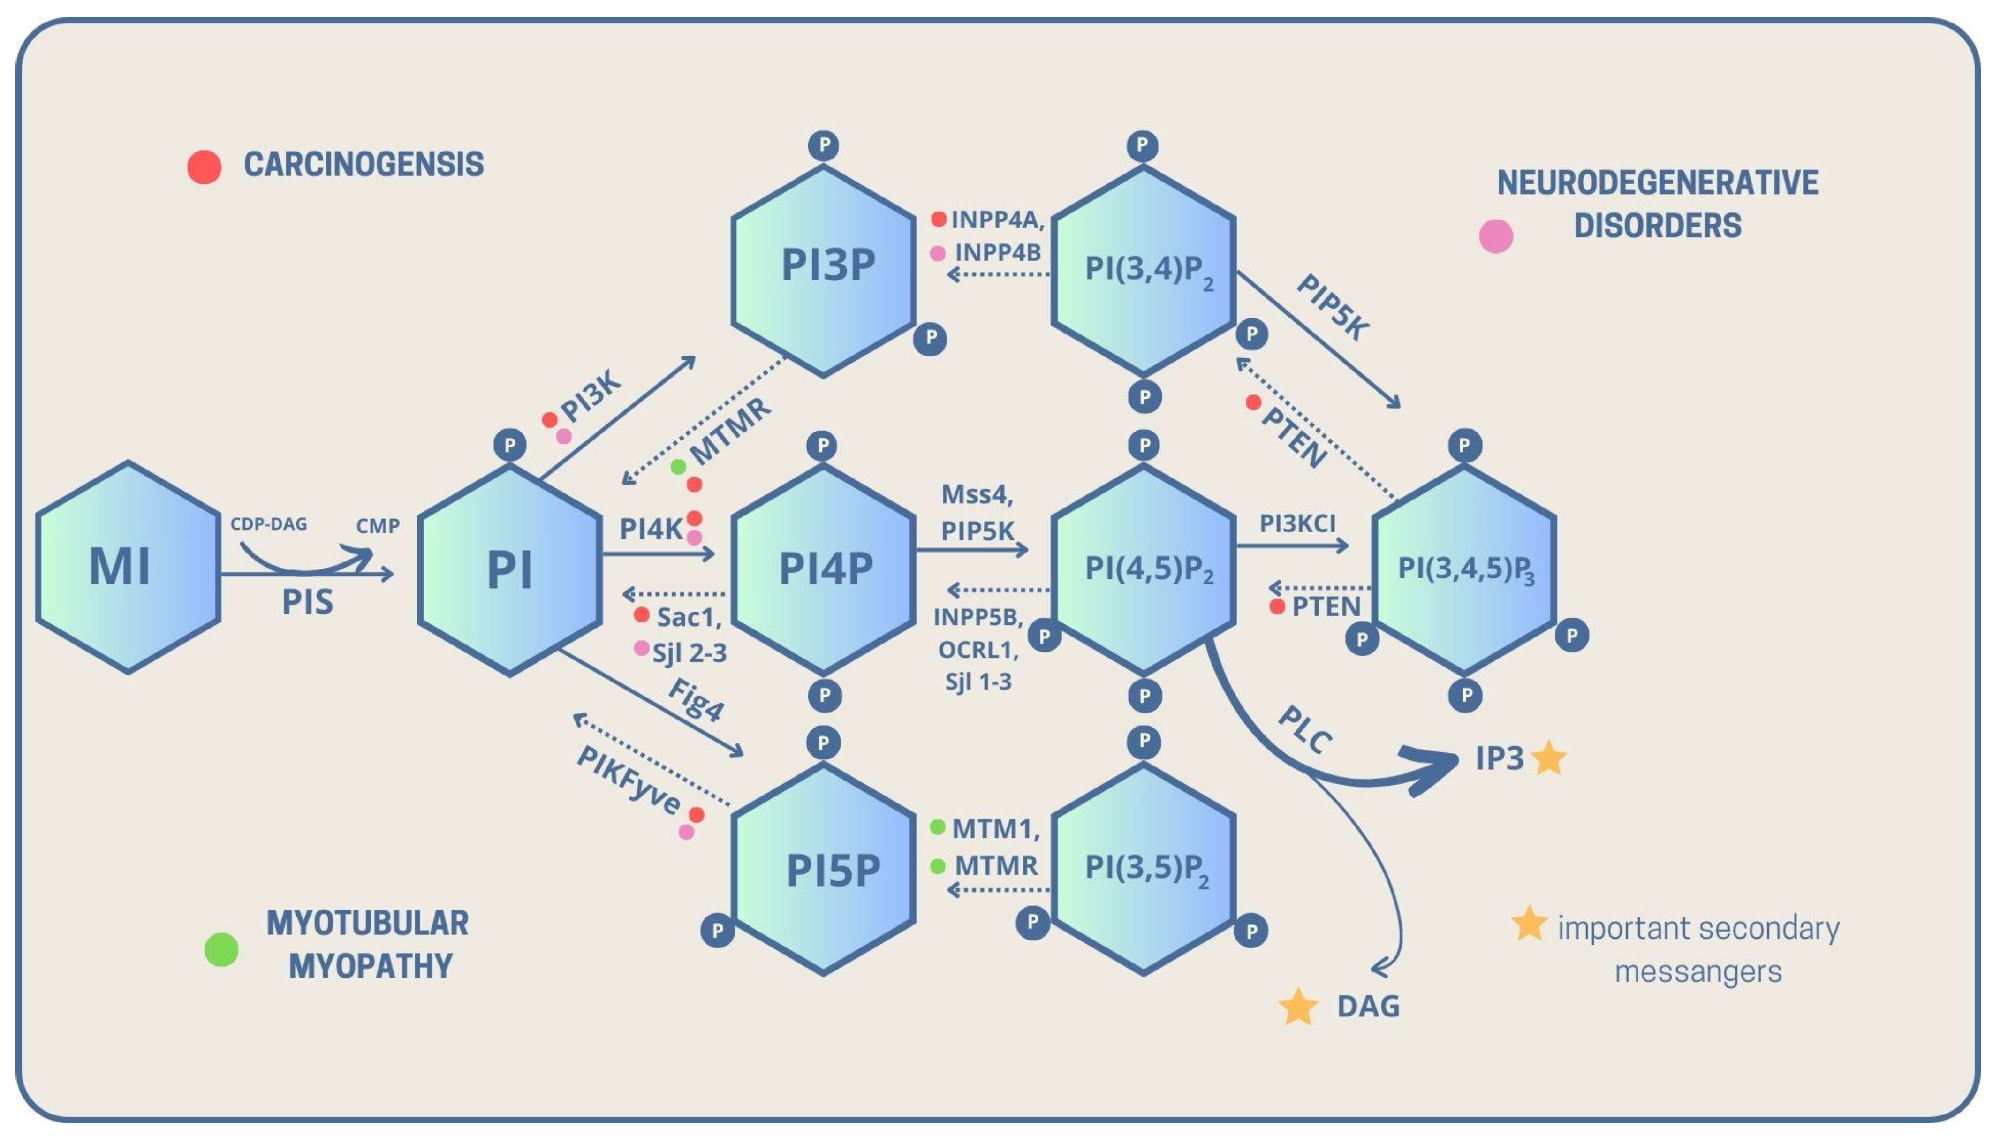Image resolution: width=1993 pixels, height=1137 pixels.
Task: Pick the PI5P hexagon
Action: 824,869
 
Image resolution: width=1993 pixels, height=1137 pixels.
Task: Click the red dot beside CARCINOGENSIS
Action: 205,167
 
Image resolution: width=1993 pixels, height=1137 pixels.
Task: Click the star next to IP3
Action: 1549,758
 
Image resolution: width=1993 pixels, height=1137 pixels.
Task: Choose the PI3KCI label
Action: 1297,523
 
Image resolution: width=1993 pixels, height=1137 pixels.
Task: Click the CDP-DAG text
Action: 269,524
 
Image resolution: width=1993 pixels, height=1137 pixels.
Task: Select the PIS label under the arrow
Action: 308,602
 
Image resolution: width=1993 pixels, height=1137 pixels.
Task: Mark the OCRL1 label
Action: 978,650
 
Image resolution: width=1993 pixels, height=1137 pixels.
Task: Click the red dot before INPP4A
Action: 939,220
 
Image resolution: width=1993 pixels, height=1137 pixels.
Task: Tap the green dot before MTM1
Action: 938,827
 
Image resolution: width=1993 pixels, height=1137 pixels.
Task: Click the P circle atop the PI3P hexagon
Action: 824,145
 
